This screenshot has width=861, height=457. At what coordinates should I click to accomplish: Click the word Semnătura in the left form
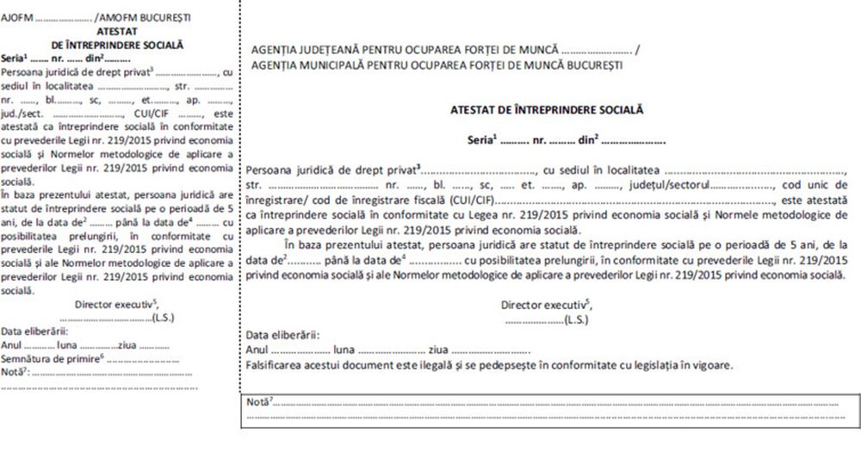[28, 355]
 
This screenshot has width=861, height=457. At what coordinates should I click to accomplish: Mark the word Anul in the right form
[257, 350]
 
